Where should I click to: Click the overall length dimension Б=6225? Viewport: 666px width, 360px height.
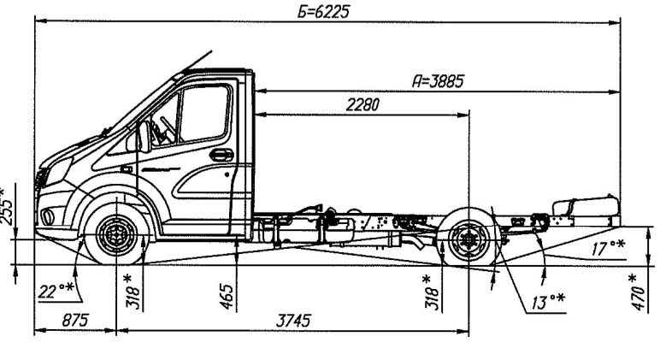point(323,11)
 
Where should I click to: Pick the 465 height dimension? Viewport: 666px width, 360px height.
point(227,296)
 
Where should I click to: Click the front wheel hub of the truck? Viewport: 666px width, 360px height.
point(112,234)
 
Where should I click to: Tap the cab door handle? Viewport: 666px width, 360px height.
point(221,155)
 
